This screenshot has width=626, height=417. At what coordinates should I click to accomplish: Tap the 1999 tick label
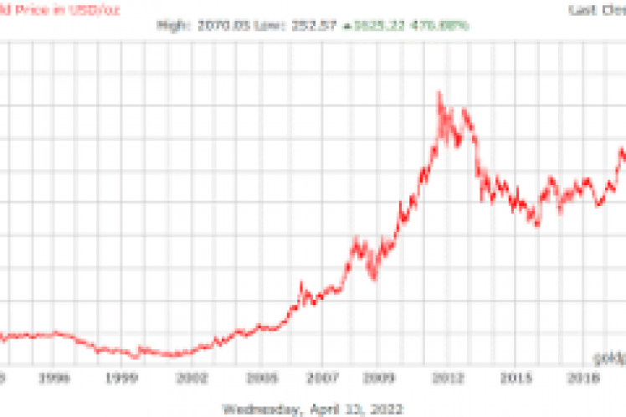[x=123, y=378]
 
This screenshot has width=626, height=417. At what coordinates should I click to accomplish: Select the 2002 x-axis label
[x=193, y=378]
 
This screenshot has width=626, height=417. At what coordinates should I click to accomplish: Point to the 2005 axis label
[x=262, y=378]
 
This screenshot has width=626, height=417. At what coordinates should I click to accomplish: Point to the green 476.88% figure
[x=444, y=25]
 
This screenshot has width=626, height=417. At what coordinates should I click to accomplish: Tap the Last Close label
[x=597, y=9]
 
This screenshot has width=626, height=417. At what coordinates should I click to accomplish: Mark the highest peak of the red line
[x=439, y=92]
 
